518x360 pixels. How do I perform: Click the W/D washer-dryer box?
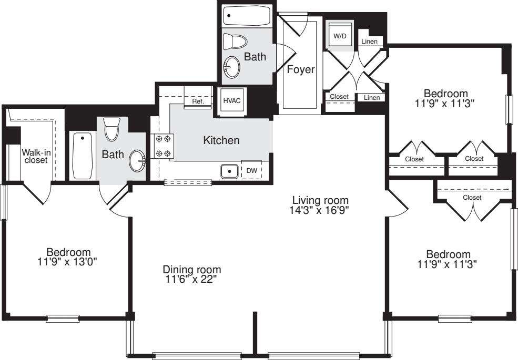tap(340, 36)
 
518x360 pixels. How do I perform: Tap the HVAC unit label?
tap(232, 101)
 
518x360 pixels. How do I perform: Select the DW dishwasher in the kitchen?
tap(252, 170)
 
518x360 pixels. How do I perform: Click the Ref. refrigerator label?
tap(198, 101)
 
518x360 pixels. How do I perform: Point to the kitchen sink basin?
tap(230, 171)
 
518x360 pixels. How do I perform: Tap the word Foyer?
tap(301, 70)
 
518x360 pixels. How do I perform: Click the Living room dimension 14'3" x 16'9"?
tap(319, 210)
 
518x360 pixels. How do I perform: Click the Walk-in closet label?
tap(36, 156)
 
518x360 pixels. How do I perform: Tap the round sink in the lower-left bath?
tap(137, 161)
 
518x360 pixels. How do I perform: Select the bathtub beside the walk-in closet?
tap(82, 156)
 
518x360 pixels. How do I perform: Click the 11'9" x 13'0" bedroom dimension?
tap(67, 262)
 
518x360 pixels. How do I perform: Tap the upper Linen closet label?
tap(369, 42)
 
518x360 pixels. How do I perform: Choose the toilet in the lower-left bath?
tap(111, 129)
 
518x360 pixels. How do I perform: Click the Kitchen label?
tap(221, 140)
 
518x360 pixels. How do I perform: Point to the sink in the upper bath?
tap(231, 67)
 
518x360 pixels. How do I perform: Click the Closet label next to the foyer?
tap(339, 97)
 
